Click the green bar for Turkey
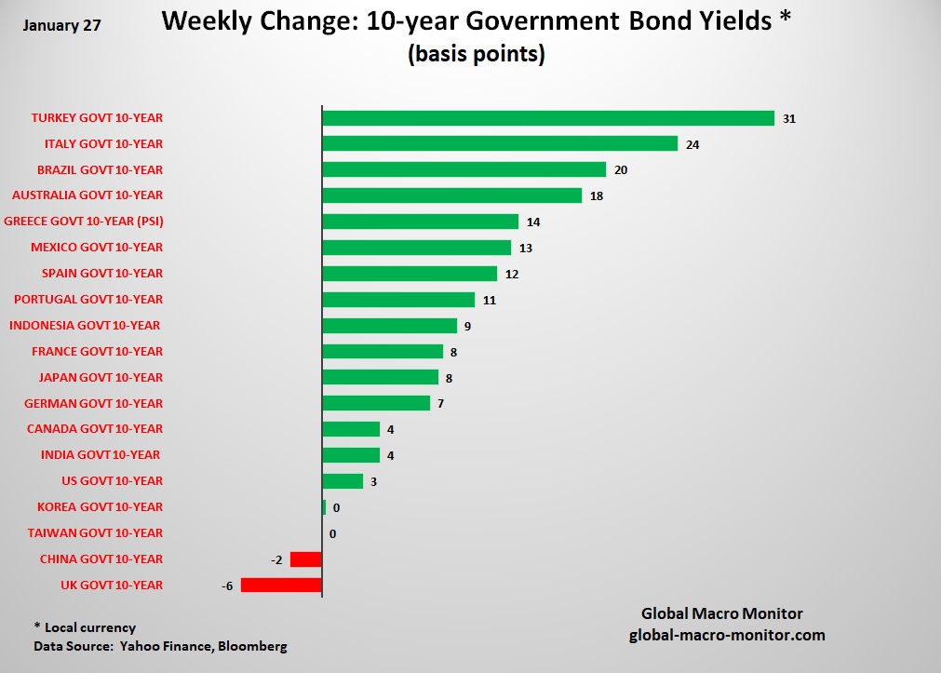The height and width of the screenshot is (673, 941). pyautogui.click(x=548, y=118)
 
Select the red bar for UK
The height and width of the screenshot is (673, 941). pyautogui.click(x=281, y=585)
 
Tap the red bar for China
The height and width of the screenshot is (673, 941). pyautogui.click(x=306, y=559)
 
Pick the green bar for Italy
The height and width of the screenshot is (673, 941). pyautogui.click(x=500, y=143)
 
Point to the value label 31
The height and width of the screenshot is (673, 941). pyautogui.click(x=789, y=118)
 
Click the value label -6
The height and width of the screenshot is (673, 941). pyautogui.click(x=227, y=585)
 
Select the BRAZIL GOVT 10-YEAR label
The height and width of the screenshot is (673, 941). pyautogui.click(x=100, y=169)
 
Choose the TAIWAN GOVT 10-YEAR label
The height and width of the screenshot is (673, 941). pyautogui.click(x=95, y=532)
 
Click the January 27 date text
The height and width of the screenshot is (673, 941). pyautogui.click(x=61, y=25)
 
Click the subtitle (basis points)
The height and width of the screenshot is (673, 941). pyautogui.click(x=475, y=54)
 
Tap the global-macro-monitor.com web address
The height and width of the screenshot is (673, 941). pyautogui.click(x=726, y=635)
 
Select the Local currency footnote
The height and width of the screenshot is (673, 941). pyautogui.click(x=85, y=627)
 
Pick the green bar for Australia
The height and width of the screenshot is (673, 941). pyautogui.click(x=451, y=195)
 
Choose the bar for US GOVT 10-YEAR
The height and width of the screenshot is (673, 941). pyautogui.click(x=343, y=480)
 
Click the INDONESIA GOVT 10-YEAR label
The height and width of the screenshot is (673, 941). pyautogui.click(x=85, y=325)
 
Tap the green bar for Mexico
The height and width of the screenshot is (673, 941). pyautogui.click(x=417, y=248)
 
